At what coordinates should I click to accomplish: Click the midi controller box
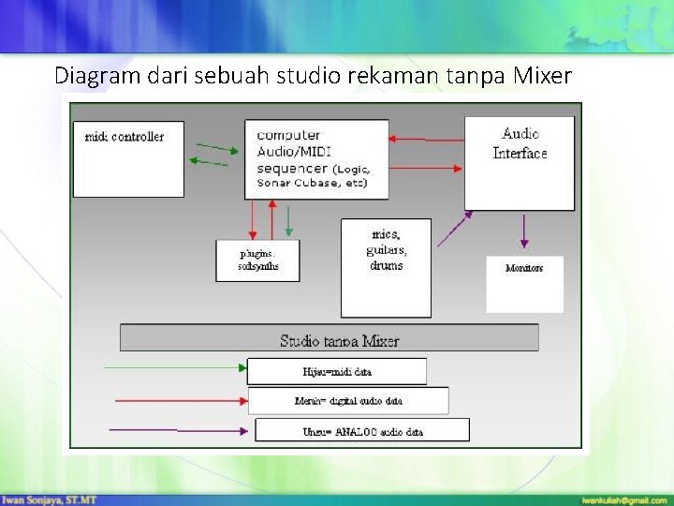[128, 158]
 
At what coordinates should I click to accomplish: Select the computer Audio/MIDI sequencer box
[316, 158]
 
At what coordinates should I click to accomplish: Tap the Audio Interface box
[520, 163]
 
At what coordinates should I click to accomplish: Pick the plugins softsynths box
[257, 260]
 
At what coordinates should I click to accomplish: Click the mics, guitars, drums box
[386, 267]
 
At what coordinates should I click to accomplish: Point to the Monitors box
[524, 283]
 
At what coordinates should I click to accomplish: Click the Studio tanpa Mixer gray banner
[330, 337]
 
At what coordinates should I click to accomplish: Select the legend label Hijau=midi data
[336, 371]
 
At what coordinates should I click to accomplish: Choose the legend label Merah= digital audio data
[347, 400]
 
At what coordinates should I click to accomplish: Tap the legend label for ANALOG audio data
[361, 431]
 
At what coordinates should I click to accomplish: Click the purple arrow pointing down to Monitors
[523, 231]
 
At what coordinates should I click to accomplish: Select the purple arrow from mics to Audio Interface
[456, 228]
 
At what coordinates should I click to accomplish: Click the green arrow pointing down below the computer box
[289, 221]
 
